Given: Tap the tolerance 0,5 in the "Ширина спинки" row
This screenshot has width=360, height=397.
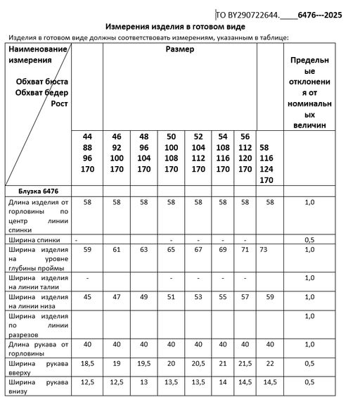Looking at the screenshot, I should click(x=309, y=239).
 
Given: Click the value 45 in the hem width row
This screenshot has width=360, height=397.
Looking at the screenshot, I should click(x=88, y=297).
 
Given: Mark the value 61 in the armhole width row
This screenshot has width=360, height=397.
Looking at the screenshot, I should click(x=117, y=249).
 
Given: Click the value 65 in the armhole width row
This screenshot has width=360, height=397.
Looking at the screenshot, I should click(x=171, y=249).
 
